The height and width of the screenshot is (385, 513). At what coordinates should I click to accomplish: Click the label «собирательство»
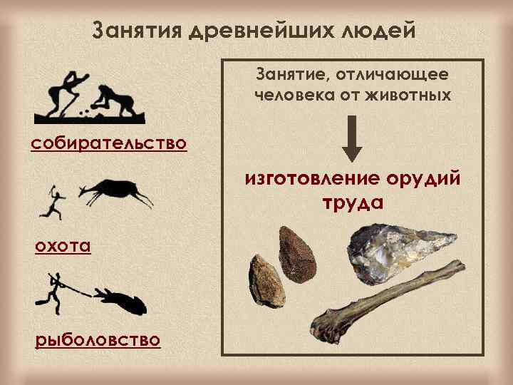coord(109,143)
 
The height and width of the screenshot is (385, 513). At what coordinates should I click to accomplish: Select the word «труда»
coord(353,202)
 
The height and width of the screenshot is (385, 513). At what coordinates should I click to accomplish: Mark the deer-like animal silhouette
coord(117,191)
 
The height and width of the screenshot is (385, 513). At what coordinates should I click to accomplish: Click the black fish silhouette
coord(126,299)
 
